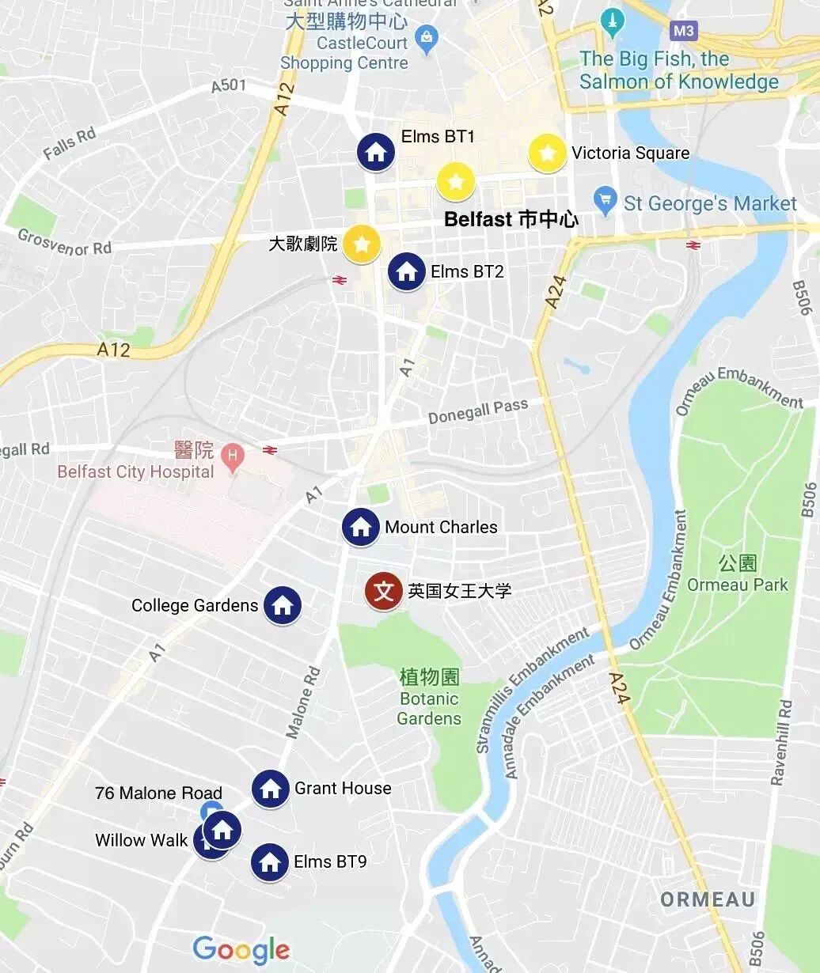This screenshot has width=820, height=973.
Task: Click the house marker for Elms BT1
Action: [376, 152]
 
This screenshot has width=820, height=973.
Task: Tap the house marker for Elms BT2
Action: [407, 271]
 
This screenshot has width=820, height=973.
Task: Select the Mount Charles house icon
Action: [361, 527]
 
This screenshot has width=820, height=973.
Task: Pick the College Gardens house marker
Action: [283, 606]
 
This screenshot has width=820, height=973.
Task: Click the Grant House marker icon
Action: [271, 789]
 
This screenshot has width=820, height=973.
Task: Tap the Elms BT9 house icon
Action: [270, 862]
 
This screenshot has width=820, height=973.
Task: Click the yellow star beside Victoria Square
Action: [547, 153]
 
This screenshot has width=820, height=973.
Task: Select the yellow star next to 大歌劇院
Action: [362, 244]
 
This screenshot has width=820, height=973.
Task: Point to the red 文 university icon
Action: [384, 591]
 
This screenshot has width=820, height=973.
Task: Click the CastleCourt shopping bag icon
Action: [427, 37]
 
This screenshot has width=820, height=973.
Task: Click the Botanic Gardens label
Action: [429, 708]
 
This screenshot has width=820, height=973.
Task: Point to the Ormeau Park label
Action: [738, 585]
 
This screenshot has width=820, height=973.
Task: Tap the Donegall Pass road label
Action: [477, 411]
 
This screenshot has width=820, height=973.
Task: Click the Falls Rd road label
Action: [70, 144]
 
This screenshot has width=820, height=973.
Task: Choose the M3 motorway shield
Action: [684, 32]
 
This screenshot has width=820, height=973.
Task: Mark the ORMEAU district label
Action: [708, 899]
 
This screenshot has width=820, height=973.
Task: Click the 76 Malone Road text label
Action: [158, 793]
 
